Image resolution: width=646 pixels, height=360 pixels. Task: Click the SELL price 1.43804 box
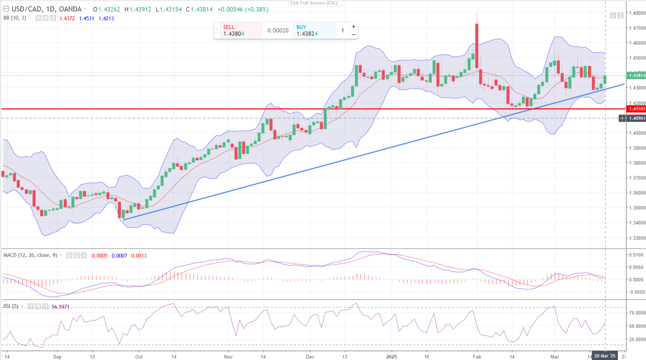[x=238, y=30]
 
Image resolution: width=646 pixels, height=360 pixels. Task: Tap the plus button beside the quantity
[x=354, y=27]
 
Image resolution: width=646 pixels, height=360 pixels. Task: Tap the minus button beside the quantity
[x=354, y=34]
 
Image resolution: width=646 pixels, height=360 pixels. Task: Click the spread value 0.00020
[x=278, y=31]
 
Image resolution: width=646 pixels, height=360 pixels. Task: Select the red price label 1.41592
[x=637, y=109]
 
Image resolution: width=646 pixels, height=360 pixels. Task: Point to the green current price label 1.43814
[x=637, y=75]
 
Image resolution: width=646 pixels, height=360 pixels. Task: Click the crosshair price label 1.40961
[x=637, y=118]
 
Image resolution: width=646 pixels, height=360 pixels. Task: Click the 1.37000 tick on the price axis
[x=637, y=178]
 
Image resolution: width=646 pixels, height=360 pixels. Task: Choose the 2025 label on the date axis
[x=391, y=357]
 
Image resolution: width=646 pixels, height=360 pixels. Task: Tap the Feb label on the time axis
[x=477, y=357]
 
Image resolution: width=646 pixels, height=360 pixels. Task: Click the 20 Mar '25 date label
[x=605, y=356]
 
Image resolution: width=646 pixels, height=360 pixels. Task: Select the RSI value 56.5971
[x=61, y=307]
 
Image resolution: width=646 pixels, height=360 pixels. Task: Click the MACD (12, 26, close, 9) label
[x=30, y=255]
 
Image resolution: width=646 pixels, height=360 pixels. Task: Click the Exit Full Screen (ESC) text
[x=314, y=3]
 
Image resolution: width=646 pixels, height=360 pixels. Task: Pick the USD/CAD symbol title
[x=27, y=9]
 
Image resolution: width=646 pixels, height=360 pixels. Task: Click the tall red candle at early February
[x=477, y=45]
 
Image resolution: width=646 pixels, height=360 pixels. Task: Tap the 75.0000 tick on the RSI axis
[x=637, y=313]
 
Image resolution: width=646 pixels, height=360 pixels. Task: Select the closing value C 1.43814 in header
[x=199, y=9]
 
